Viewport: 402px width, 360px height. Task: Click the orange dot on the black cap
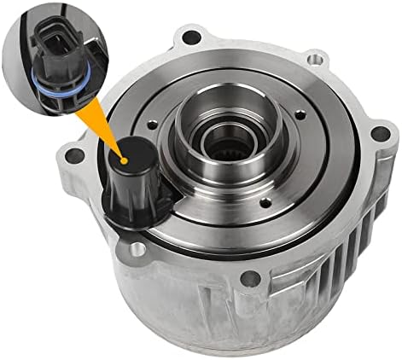125,159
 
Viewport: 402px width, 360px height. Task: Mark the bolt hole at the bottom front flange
248,278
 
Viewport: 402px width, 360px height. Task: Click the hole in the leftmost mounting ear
74,156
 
